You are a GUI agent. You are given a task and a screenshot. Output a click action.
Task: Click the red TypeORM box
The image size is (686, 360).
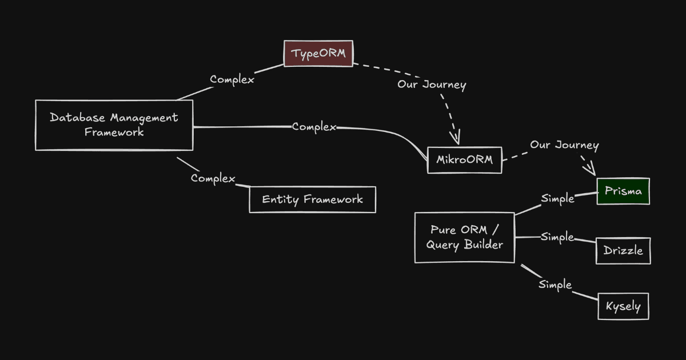click(x=319, y=54)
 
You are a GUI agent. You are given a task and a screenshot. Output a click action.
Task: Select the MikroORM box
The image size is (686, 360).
click(x=464, y=160)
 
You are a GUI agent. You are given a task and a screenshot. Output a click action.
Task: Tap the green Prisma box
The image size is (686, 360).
click(x=623, y=191)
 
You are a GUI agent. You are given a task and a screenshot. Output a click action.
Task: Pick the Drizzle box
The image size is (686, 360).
click(x=623, y=251)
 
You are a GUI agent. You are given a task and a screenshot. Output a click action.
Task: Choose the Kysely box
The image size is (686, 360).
click(x=623, y=306)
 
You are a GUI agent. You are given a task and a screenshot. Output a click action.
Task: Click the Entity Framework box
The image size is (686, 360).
click(x=312, y=199)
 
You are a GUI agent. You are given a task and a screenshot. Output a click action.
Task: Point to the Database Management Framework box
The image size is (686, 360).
click(x=114, y=125)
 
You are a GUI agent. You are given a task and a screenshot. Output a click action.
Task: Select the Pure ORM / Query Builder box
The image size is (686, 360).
click(x=464, y=237)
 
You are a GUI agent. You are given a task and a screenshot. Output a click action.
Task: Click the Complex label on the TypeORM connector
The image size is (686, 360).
click(x=232, y=79)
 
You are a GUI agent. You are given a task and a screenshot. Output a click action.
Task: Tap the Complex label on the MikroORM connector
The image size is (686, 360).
click(x=314, y=127)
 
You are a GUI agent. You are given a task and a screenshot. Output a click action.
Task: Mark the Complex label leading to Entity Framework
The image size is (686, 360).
click(x=213, y=178)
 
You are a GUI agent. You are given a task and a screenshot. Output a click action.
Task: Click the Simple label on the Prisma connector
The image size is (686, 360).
click(x=557, y=199)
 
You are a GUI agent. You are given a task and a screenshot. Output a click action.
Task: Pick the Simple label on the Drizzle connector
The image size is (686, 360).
click(x=557, y=237)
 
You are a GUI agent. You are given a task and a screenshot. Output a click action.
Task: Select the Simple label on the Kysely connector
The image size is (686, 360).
click(x=555, y=285)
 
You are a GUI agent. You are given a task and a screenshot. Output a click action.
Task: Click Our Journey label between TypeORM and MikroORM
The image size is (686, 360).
click(x=432, y=85)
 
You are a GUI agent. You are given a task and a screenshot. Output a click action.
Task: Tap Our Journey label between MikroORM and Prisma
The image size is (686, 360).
click(x=564, y=145)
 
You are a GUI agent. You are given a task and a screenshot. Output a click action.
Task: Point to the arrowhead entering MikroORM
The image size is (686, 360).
click(x=455, y=138)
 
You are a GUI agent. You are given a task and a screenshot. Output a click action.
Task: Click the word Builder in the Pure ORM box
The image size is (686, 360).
click(x=484, y=245)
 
